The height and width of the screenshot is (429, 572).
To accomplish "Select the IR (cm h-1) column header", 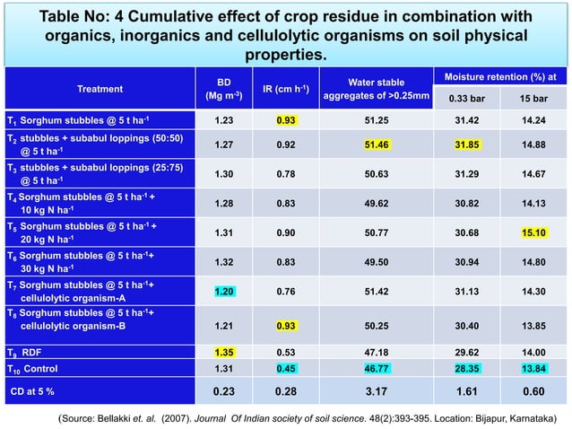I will (x=286, y=88).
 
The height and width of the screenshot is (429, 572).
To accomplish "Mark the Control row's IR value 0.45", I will (x=286, y=368).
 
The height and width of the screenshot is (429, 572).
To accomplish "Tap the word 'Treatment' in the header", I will (x=100, y=88).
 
